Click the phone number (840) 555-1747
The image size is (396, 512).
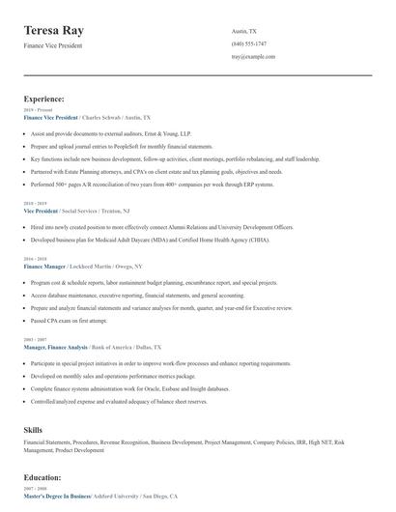[249, 44]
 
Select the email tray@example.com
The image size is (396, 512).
[254, 57]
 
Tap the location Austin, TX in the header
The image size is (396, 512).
[244, 31]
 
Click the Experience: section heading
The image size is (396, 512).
[44, 99]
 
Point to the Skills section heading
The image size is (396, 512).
[33, 427]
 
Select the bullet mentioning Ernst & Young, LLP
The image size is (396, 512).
[98, 131]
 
